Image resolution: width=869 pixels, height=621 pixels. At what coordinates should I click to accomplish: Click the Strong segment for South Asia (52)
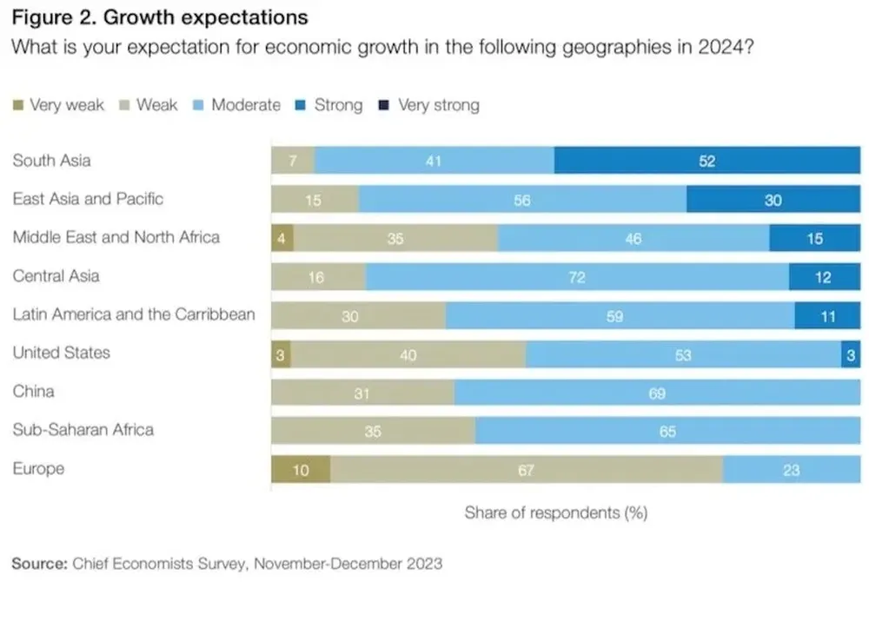click(706, 161)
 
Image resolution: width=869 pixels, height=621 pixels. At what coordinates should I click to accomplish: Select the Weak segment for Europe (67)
click(526, 470)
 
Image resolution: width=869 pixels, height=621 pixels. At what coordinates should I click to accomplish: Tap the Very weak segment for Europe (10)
click(300, 470)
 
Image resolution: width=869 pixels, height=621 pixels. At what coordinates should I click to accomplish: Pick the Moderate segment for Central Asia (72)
click(577, 277)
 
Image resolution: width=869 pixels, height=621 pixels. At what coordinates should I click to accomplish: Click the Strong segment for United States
click(850, 354)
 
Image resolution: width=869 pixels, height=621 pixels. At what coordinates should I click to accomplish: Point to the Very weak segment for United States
click(280, 354)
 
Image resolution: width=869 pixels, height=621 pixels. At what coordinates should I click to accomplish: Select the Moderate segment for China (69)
click(657, 393)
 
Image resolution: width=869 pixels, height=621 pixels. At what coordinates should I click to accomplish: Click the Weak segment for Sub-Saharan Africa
click(373, 432)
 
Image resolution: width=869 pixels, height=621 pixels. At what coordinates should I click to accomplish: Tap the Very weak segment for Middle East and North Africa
click(282, 238)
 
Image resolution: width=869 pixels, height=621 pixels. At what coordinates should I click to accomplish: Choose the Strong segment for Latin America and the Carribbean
click(826, 316)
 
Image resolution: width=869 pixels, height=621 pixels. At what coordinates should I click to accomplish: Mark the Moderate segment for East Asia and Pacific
click(521, 200)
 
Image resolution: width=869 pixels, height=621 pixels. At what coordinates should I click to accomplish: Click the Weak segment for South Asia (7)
click(292, 161)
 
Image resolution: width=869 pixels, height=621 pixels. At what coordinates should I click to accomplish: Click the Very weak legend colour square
click(17, 106)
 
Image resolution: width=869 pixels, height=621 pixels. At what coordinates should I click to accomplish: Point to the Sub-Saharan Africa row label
click(83, 430)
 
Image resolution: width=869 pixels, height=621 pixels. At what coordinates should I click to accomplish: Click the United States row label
click(61, 353)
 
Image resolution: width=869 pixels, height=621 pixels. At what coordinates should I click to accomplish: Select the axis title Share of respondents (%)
click(555, 512)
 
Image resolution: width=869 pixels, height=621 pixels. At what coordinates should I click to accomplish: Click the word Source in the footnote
click(38, 563)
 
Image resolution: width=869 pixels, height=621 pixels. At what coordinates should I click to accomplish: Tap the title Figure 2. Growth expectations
click(159, 17)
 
